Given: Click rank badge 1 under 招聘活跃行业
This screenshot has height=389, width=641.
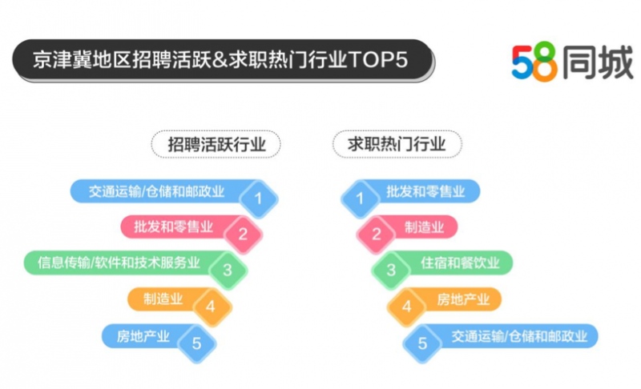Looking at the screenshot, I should pos(258,197).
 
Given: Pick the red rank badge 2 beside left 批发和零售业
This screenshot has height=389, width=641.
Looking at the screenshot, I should pos(241,234).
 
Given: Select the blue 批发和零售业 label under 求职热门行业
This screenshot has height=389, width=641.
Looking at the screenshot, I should pos(425,191).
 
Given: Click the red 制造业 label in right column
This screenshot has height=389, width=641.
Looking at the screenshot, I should pos(423,227).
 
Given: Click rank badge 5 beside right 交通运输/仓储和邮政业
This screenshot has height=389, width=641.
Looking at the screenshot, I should pos(421,343).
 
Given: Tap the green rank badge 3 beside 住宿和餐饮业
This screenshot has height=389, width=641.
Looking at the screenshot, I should pos(391,270).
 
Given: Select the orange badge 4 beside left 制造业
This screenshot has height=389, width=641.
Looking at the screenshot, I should pos(211,306).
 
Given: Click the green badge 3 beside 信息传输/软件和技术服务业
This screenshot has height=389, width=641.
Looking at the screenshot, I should pos(227,270).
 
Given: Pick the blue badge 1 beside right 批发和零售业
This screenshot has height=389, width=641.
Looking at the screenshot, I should pos(360,197).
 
